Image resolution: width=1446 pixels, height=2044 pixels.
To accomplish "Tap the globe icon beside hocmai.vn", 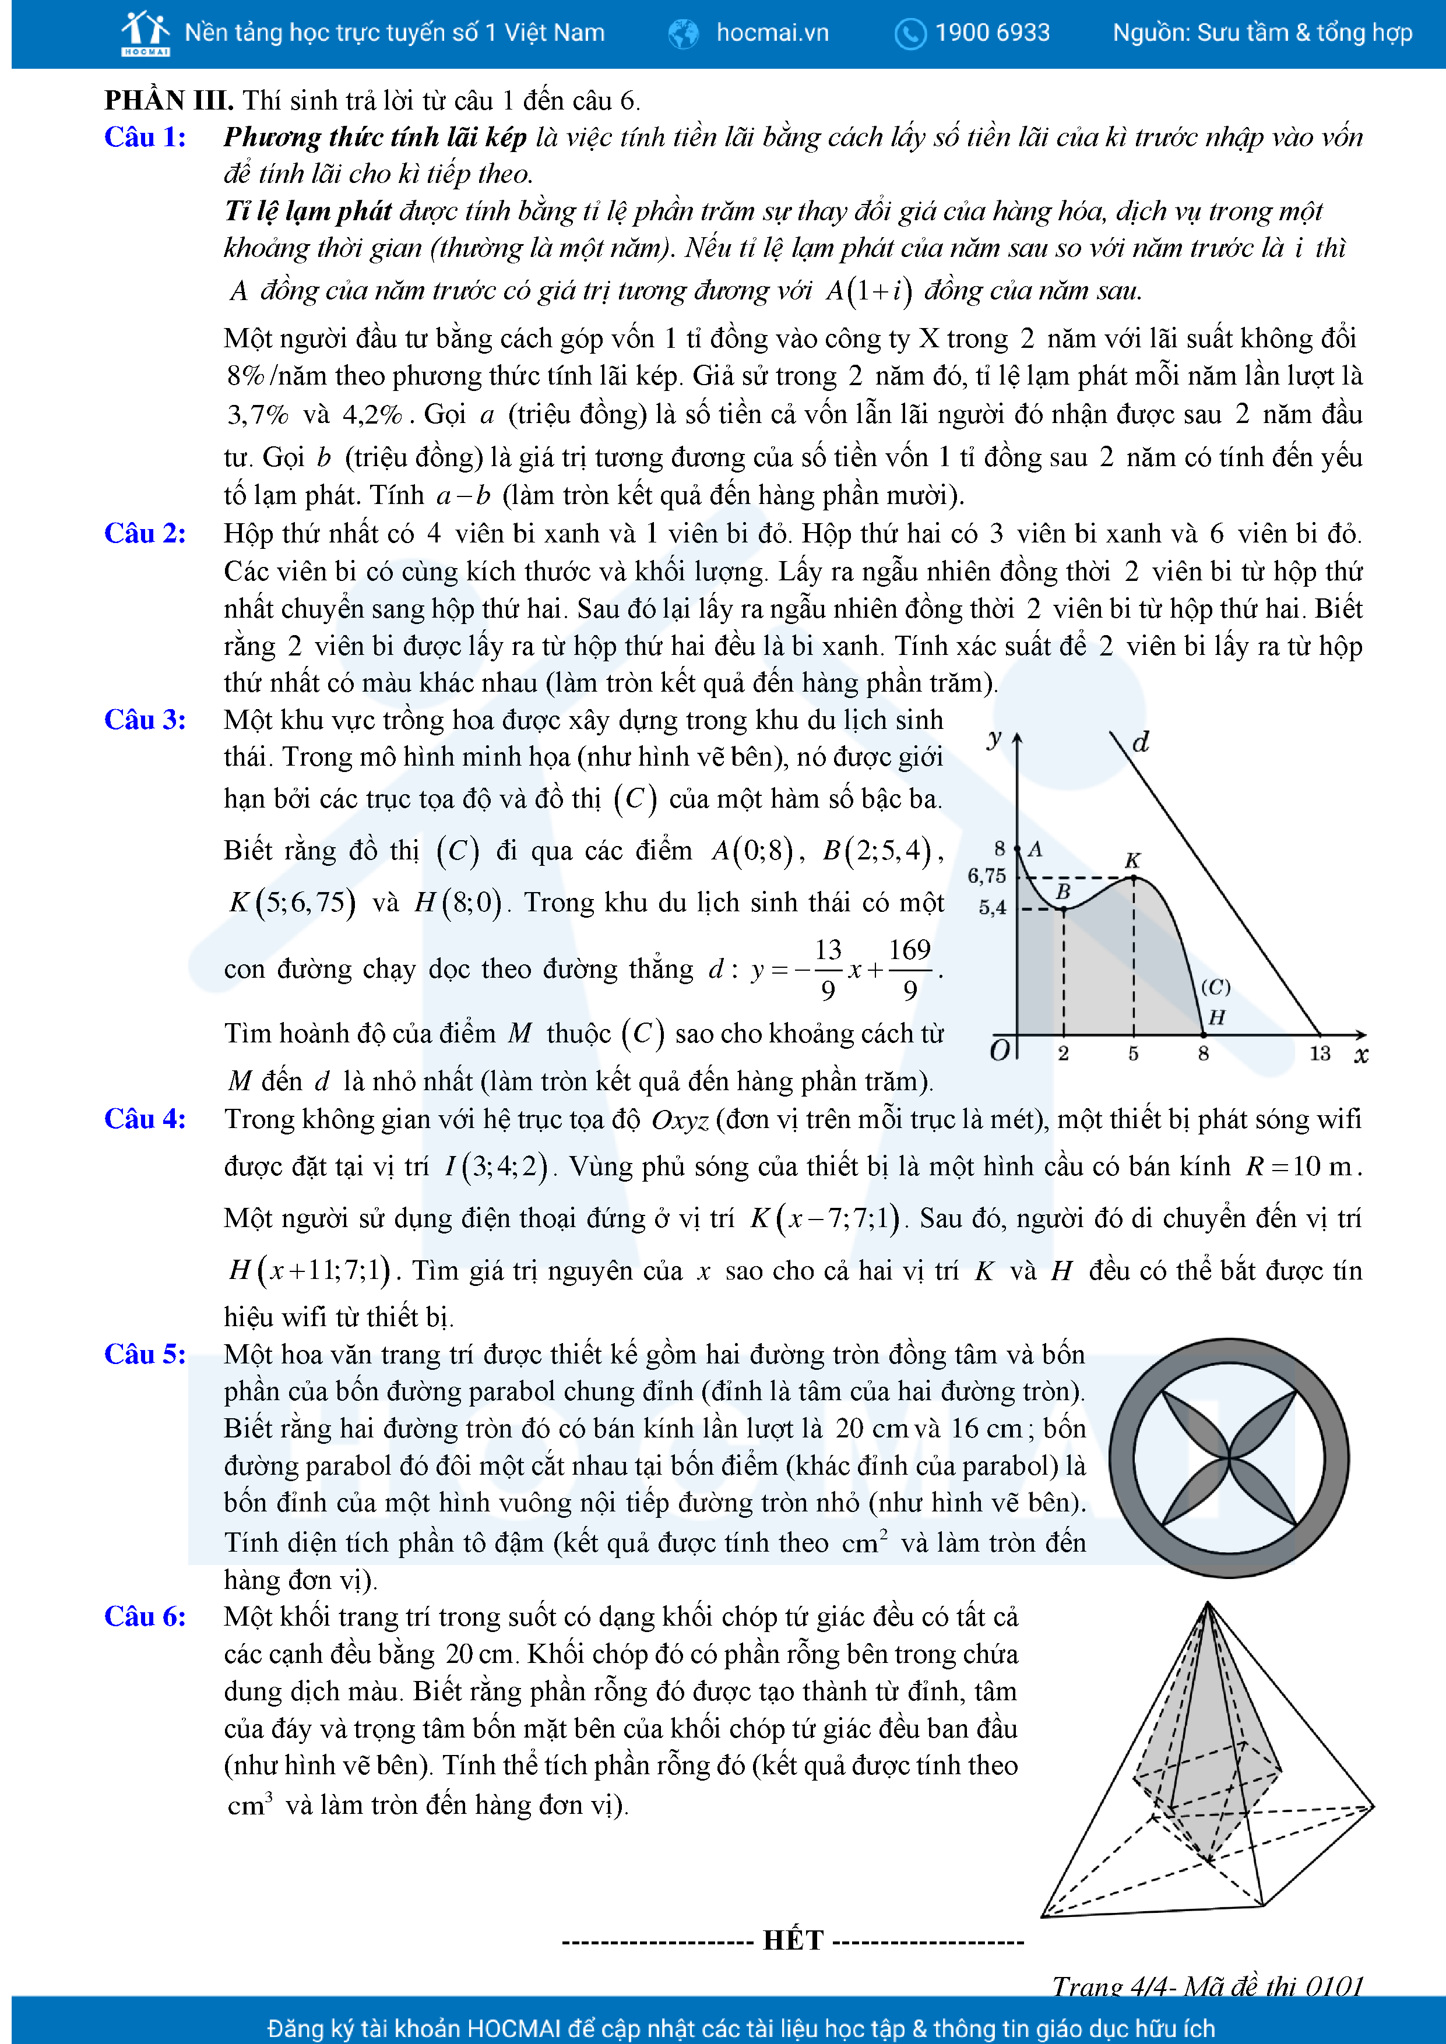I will pyautogui.click(x=683, y=34).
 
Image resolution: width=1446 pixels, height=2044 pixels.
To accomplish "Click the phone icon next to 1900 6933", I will pyautogui.click(x=910, y=34).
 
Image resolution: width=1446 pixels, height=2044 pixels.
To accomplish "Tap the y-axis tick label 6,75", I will pyautogui.click(x=987, y=876).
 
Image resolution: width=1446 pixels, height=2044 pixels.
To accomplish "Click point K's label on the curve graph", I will pyautogui.click(x=1132, y=860).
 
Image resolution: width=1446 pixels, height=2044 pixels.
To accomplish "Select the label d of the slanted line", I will pyautogui.click(x=1141, y=742).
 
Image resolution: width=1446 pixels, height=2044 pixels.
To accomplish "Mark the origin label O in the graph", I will pyautogui.click(x=1000, y=1051).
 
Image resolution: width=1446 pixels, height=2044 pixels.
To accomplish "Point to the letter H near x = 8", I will pyautogui.click(x=1216, y=1017).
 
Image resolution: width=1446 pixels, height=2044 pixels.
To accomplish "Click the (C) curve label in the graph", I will pyautogui.click(x=1215, y=986).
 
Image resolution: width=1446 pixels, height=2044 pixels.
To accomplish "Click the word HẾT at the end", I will pyautogui.click(x=793, y=1940).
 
